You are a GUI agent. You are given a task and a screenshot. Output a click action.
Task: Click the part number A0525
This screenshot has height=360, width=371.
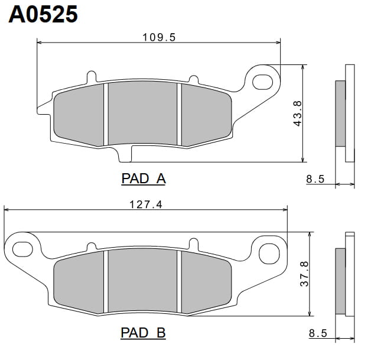pyautogui.click(x=43, y=14)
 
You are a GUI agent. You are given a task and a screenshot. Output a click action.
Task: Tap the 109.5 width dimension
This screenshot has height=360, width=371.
pyautogui.click(x=159, y=37)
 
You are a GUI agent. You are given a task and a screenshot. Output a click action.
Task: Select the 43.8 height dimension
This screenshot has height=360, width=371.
pyautogui.click(x=297, y=113)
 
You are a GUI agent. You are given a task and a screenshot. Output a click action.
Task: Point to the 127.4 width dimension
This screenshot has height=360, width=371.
pyautogui.click(x=146, y=205)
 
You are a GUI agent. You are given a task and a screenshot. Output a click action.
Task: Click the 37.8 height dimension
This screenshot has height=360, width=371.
pyautogui.click(x=304, y=274)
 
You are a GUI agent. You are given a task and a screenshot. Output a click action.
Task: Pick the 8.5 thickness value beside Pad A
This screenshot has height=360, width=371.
pyautogui.click(x=315, y=179)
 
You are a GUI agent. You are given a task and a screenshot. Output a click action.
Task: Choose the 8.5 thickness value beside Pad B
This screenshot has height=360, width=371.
pyautogui.click(x=318, y=333)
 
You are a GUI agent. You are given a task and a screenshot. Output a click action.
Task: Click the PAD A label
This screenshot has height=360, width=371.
pyautogui.click(x=144, y=179)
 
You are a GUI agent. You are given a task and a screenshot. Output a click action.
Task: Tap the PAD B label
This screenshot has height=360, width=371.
pyautogui.click(x=143, y=333)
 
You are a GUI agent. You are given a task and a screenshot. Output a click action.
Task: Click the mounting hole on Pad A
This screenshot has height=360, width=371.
pyautogui.click(x=263, y=82)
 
